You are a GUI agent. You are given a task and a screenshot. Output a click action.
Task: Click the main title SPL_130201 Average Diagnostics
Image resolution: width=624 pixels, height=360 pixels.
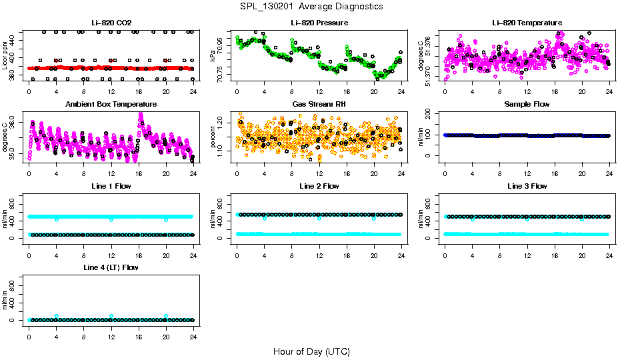point(312,6)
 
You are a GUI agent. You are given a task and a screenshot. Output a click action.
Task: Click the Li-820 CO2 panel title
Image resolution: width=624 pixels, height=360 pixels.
point(111,23)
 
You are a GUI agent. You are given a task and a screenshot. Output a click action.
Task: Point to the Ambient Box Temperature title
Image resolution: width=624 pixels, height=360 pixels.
point(111,105)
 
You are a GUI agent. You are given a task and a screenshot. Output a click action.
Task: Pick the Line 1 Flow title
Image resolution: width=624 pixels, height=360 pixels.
point(111,186)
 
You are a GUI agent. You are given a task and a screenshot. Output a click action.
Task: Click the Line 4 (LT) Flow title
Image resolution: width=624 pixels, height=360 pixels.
point(111,267)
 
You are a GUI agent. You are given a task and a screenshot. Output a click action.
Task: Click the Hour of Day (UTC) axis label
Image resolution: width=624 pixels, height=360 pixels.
point(311,351)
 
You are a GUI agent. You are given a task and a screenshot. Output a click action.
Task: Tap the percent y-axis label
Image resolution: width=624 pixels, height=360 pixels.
point(213,137)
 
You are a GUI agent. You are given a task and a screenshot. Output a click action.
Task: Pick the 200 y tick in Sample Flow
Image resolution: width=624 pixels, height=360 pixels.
point(428,114)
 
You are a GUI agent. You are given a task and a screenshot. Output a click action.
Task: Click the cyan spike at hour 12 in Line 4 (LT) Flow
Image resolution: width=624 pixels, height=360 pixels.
point(111,316)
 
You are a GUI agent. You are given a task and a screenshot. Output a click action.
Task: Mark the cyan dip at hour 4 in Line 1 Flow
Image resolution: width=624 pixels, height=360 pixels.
point(57,219)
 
